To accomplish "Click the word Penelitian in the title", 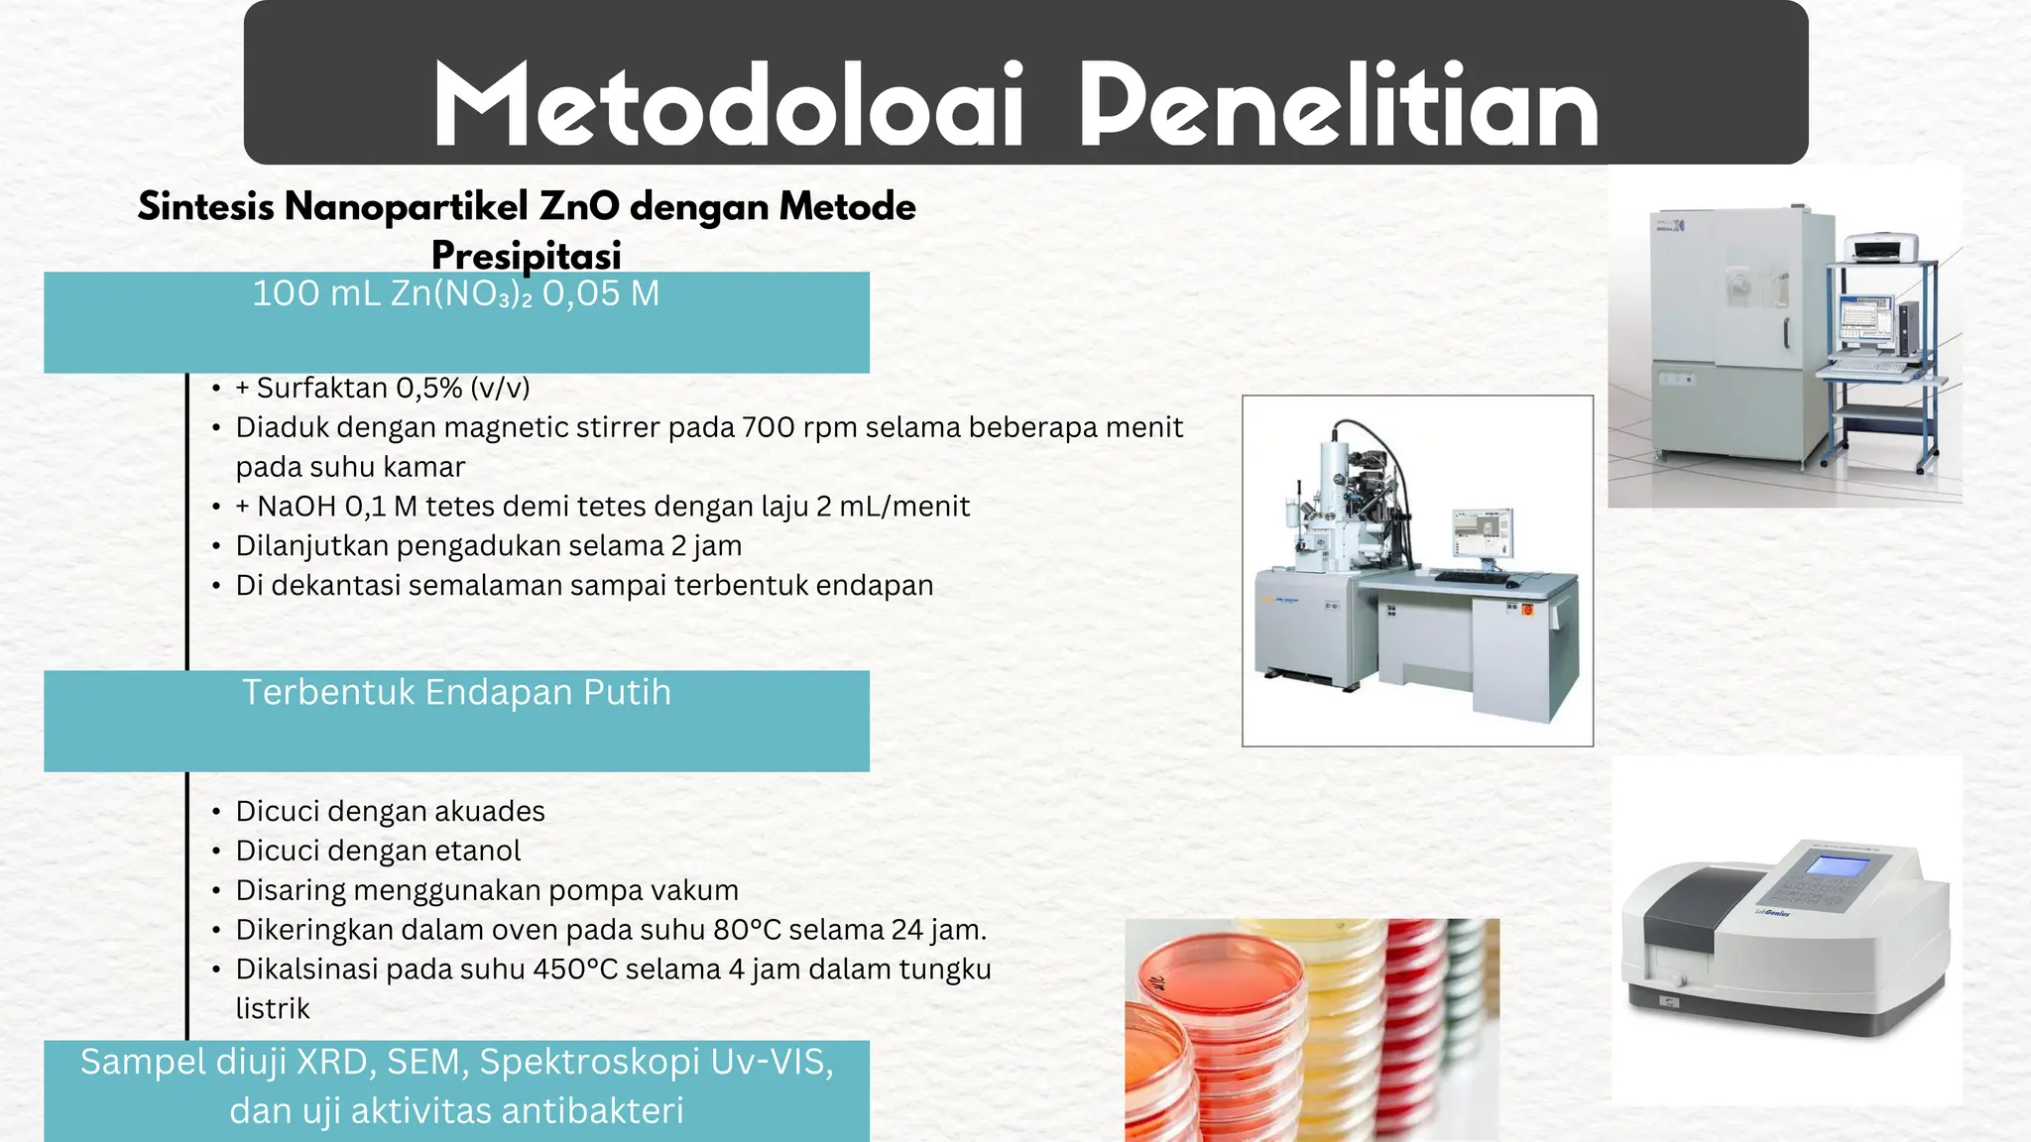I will click(x=1339, y=107).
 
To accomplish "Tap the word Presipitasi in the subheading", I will click(x=526, y=256).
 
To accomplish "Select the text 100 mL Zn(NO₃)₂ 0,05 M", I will click(x=456, y=294).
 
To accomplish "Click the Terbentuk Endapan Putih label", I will click(x=456, y=693).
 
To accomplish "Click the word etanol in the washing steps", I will click(x=476, y=851).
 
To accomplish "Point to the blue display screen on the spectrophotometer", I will click(x=1837, y=865).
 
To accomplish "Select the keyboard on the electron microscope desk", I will click(x=1472, y=577).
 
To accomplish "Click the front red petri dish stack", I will click(x=1215, y=1031).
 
